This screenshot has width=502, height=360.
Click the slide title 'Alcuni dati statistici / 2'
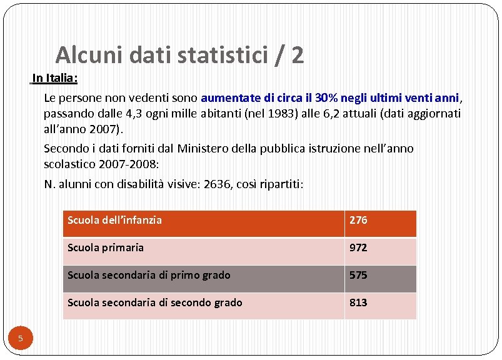[179, 56]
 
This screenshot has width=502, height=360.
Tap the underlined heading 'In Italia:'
[54, 79]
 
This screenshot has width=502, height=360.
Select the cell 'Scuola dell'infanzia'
[114, 220]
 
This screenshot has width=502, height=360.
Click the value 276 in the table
[358, 220]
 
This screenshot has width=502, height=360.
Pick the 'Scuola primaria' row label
[105, 247]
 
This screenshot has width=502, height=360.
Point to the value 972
[358, 247]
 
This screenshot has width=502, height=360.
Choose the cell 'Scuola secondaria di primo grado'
[149, 275]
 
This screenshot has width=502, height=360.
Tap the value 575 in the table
[358, 275]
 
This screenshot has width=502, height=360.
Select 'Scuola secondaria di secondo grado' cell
[154, 302]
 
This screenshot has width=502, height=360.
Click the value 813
[358, 302]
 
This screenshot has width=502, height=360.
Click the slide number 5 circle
[20, 339]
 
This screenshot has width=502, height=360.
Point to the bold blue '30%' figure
[328, 99]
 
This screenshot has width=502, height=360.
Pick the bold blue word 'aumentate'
[229, 99]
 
